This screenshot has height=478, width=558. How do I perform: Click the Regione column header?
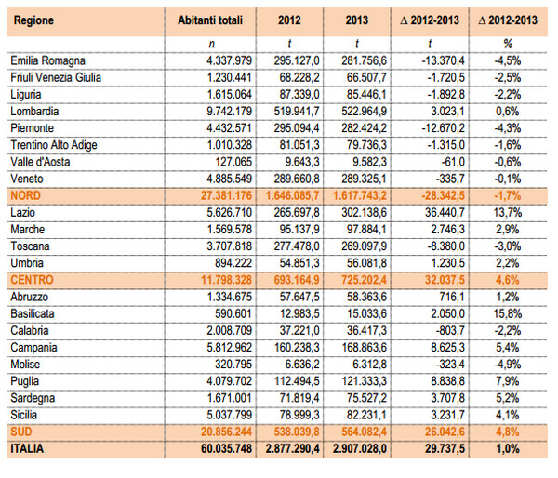[x=33, y=20]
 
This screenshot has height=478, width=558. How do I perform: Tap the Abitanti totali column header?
[x=210, y=20]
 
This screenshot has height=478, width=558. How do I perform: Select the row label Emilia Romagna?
[x=47, y=60]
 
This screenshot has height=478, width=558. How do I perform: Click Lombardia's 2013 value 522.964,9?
[x=364, y=111]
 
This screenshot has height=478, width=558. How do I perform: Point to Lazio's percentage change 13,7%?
[x=508, y=212]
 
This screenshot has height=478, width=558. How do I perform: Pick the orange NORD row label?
[x=25, y=195]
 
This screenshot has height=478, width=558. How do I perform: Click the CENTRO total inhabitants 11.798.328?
[x=226, y=280]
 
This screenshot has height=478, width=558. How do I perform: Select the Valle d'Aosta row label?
[x=40, y=162]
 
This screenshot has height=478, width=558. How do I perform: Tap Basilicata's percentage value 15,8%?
[x=508, y=313]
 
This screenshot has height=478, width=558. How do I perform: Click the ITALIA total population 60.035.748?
[x=226, y=448]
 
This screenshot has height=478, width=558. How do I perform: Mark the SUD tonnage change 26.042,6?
[x=445, y=432]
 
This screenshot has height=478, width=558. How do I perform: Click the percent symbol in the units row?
[x=508, y=44]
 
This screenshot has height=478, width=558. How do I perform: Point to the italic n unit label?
[x=211, y=45]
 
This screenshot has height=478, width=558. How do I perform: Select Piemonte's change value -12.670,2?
[x=444, y=127]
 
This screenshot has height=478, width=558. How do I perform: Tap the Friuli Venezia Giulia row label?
[x=56, y=77]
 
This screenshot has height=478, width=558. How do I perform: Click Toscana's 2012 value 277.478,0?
[x=297, y=246]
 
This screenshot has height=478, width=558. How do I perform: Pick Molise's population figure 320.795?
[x=233, y=365]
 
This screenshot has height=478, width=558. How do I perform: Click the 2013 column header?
[x=357, y=20]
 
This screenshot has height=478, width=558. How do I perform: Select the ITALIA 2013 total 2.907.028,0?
[x=360, y=448]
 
